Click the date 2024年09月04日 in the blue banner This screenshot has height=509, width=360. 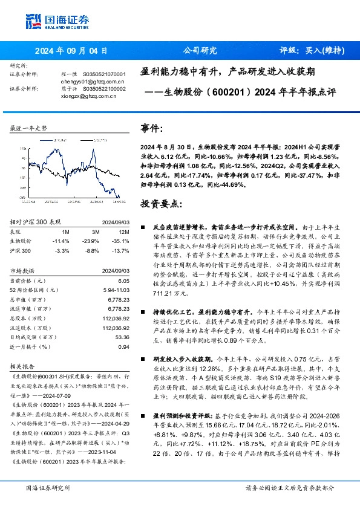click(x=71, y=50)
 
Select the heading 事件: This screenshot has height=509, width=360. click(x=151, y=128)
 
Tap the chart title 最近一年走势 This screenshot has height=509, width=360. click(x=28, y=129)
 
